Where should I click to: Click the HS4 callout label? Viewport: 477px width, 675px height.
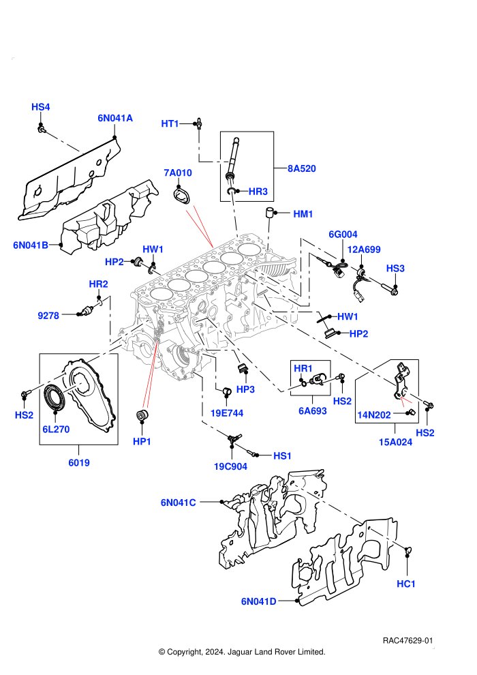40,107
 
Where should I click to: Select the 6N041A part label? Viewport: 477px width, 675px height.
115,118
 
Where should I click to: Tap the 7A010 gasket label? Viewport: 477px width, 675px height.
178,172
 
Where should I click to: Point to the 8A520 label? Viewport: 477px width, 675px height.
301,169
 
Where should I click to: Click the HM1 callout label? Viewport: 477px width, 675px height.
303,214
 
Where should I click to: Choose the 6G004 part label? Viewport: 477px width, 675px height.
343,234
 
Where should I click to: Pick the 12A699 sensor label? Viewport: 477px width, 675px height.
364,250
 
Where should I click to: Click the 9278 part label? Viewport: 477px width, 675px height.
48,316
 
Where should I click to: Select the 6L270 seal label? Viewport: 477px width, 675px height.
56,429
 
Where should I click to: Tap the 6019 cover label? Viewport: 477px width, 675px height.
79,463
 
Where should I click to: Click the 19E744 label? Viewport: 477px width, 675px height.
227,413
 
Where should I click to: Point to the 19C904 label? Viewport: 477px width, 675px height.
230,466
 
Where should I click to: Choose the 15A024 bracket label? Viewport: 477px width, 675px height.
395,442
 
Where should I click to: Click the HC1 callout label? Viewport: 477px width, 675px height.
406,584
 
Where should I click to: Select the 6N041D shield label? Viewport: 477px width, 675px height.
258,601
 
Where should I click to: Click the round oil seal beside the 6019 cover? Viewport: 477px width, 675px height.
55,398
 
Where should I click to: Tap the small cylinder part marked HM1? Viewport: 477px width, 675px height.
270,213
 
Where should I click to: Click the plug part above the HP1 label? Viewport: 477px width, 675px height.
142,417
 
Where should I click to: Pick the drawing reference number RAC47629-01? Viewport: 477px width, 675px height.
407,640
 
